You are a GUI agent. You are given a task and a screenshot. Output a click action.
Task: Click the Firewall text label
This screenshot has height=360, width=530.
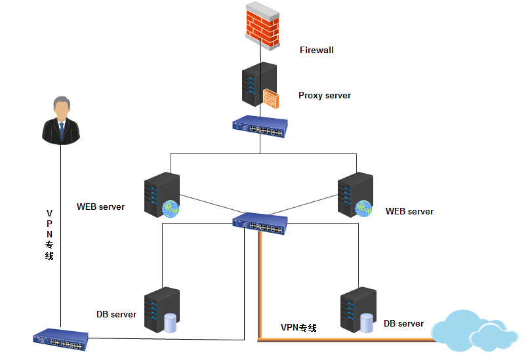(317, 50)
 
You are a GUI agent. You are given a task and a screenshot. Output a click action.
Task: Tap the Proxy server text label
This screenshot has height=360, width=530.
(325, 96)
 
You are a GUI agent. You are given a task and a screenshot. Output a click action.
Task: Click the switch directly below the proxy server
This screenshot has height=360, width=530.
(260, 127)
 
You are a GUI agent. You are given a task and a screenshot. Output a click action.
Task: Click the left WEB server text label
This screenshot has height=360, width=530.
(100, 207)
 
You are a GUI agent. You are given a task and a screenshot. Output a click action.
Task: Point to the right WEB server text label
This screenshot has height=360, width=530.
(409, 212)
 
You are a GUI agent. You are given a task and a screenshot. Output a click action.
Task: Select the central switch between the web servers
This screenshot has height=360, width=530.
(260, 224)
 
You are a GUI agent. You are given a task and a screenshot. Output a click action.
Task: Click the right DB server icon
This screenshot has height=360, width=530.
(357, 310)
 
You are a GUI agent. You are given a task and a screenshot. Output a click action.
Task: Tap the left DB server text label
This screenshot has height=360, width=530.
(116, 315)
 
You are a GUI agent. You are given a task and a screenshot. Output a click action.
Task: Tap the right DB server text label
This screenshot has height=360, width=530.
(403, 324)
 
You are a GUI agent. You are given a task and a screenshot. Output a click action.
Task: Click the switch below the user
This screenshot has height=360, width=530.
(60, 338)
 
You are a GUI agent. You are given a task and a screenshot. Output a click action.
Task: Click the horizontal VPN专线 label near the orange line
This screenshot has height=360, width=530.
(298, 328)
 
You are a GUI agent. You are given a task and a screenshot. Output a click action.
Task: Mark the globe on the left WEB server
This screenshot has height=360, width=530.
(171, 209)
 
